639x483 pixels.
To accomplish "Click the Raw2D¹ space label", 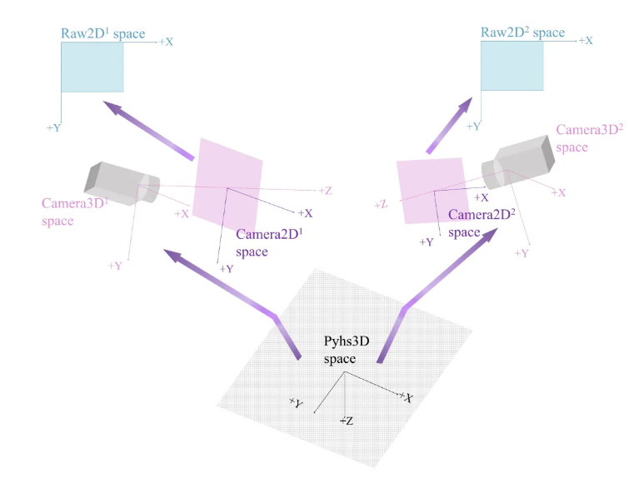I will pyautogui.click(x=102, y=34).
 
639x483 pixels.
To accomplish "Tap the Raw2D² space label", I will pyautogui.click(x=522, y=33).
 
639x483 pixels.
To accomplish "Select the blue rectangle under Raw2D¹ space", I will pyautogui.click(x=92, y=67).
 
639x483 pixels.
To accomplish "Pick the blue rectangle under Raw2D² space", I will pyautogui.click(x=512, y=66).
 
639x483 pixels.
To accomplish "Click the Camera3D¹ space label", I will pyautogui.click(x=69, y=212).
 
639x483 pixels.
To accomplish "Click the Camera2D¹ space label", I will pyautogui.click(x=268, y=242).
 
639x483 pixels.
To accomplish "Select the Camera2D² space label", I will pyautogui.click(x=481, y=223).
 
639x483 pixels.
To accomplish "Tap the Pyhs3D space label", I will pyautogui.click(x=347, y=349).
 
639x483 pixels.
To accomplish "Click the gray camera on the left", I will pyautogui.click(x=121, y=184).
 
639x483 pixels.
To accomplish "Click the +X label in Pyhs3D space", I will pyautogui.click(x=406, y=398).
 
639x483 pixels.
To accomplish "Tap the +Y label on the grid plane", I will pyautogui.click(x=296, y=403).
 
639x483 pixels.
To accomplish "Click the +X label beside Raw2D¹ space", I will pyautogui.click(x=166, y=41).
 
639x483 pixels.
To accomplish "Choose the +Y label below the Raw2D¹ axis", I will pyautogui.click(x=54, y=127).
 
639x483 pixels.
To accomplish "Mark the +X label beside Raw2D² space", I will pyautogui.click(x=586, y=40).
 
